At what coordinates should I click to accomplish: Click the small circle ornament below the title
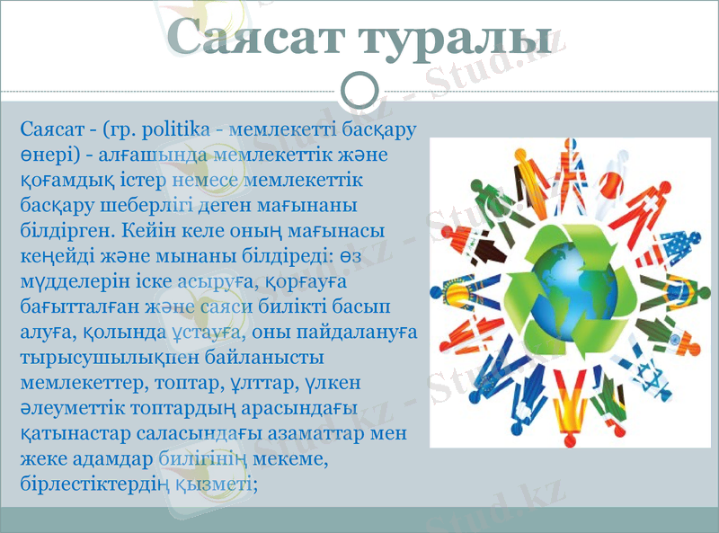coord(360,90)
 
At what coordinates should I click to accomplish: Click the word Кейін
coord(146,231)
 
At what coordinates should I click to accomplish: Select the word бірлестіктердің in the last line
coord(93,483)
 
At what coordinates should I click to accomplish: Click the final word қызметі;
coord(217,483)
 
